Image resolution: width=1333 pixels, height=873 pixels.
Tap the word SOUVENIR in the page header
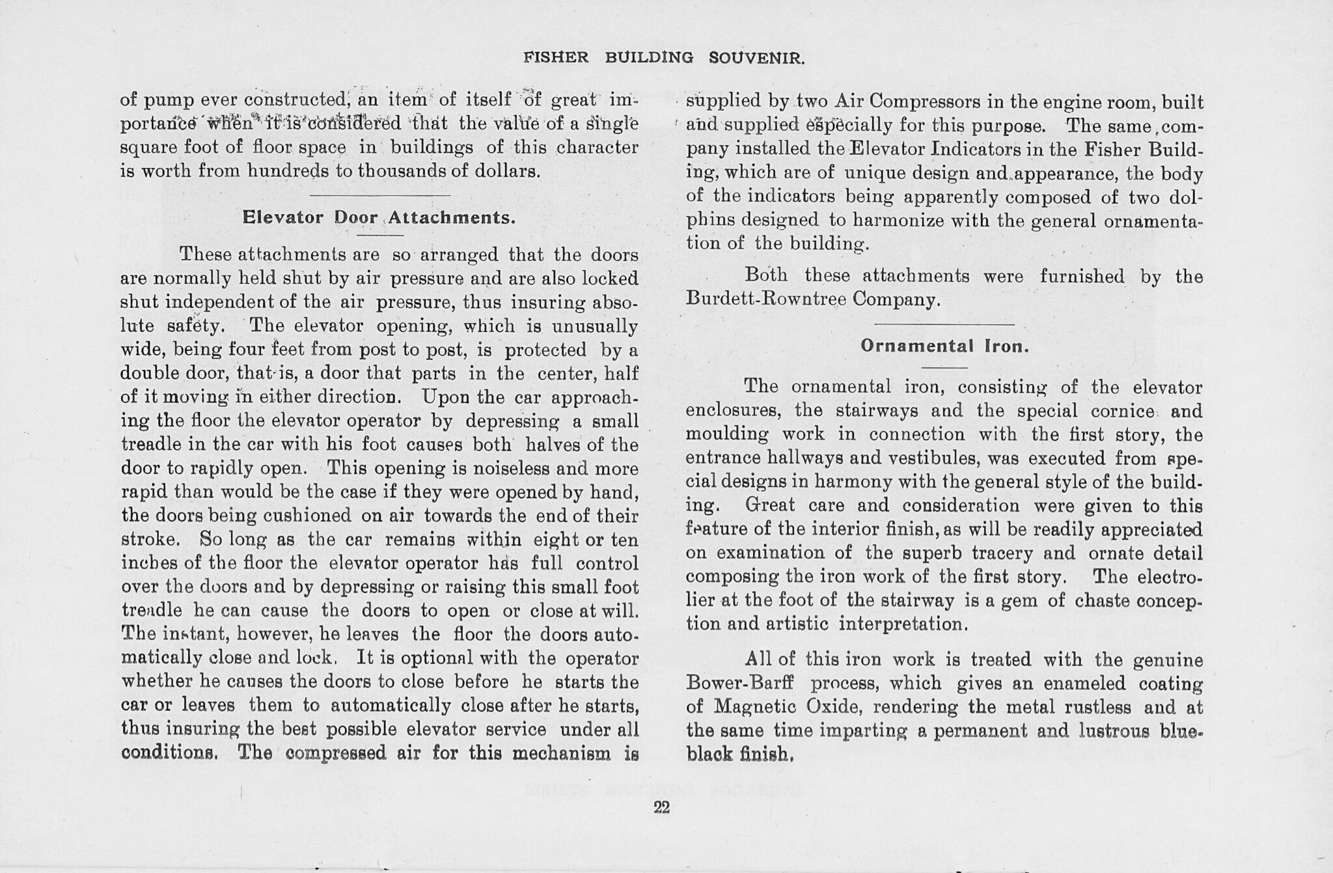[x=756, y=59]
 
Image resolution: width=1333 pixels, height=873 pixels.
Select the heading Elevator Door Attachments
[x=379, y=217]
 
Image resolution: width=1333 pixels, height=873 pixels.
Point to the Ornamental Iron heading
[x=944, y=346]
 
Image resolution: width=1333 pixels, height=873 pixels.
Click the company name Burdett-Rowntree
[x=767, y=300]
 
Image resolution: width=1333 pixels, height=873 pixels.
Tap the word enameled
[x=1090, y=684]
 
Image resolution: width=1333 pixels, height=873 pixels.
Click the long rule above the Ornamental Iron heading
[x=944, y=324]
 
